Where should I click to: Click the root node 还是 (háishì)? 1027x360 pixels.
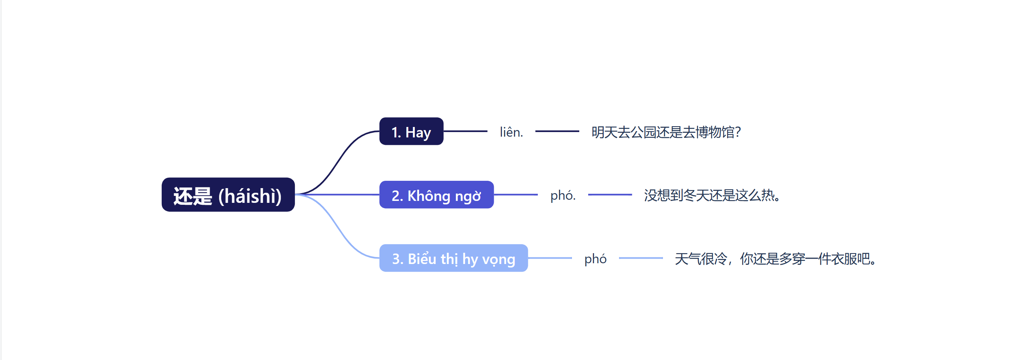coord(228,195)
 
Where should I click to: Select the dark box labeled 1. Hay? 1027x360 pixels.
coord(411,132)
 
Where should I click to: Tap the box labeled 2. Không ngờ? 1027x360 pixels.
coord(436,195)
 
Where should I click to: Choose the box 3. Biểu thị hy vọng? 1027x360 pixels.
coord(453,258)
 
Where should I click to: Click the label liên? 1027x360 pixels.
coord(511,132)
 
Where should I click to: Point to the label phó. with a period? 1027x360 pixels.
coord(563,195)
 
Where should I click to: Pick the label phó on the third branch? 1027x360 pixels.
coord(595,259)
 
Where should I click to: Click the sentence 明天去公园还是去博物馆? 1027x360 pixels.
coord(666,132)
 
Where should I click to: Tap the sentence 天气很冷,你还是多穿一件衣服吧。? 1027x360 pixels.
coord(776,259)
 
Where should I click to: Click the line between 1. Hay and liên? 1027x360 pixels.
coord(465,131)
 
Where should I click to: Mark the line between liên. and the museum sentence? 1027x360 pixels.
coord(557,131)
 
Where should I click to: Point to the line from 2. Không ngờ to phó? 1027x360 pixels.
coord(515,195)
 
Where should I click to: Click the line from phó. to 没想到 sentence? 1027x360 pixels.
coord(609,195)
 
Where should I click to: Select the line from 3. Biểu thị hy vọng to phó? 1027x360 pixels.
coord(550,258)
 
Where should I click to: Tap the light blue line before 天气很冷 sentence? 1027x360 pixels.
coord(641,258)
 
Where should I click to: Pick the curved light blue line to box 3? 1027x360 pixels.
coord(339,229)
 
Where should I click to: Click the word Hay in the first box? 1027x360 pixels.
coord(418,132)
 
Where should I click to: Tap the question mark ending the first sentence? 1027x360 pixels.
coord(738,132)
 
